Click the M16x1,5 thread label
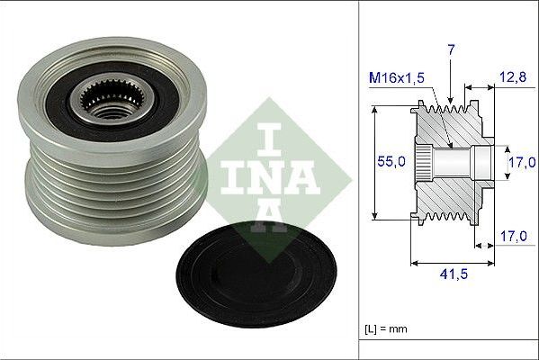pyautogui.click(x=397, y=77)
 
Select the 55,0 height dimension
pyautogui.click(x=391, y=161)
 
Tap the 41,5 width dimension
pyautogui.click(x=454, y=274)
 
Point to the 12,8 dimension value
pyautogui.click(x=513, y=77)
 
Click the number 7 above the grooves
pyautogui.click(x=451, y=50)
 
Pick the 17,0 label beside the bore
pyautogui.click(x=523, y=162)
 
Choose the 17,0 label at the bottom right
pyautogui.click(x=513, y=236)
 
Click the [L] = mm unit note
pyautogui.click(x=386, y=328)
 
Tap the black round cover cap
pyautogui.click(x=256, y=274)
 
